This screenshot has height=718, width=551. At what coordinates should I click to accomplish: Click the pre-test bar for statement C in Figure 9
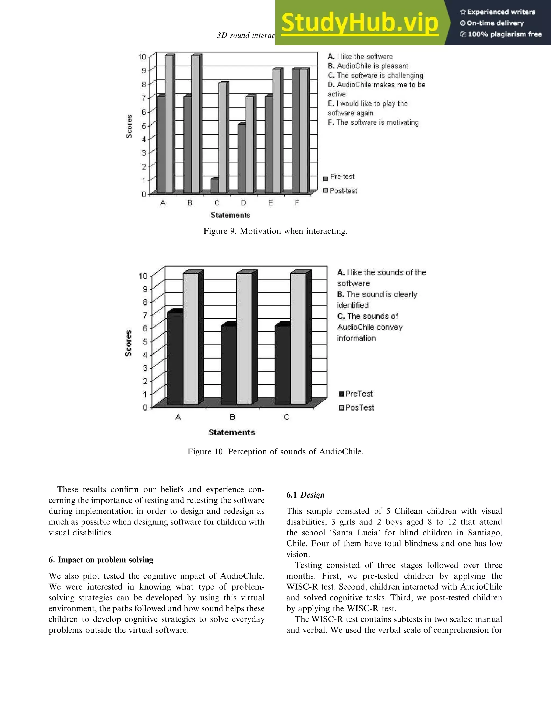pyautogui.click(x=214, y=186)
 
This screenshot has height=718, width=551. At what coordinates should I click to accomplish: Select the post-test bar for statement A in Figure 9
pyautogui.click(x=169, y=125)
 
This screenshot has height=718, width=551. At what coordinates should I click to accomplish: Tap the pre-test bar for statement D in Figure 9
pyautogui.click(x=242, y=159)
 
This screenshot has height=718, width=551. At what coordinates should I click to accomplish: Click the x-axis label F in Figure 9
pyautogui.click(x=297, y=203)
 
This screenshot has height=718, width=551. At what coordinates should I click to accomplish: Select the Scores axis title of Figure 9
pyautogui.click(x=129, y=126)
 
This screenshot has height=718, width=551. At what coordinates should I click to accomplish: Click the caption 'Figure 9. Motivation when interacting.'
pyautogui.click(x=275, y=231)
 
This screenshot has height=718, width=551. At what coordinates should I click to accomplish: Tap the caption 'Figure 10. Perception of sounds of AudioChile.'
pyautogui.click(x=275, y=451)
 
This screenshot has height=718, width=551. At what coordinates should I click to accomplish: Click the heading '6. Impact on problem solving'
pyautogui.click(x=101, y=560)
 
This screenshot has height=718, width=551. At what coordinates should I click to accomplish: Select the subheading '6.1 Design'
pyautogui.click(x=305, y=495)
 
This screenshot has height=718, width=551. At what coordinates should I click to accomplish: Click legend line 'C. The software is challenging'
pyautogui.click(x=375, y=75)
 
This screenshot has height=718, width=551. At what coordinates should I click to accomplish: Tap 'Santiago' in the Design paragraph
pyautogui.click(x=485, y=532)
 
